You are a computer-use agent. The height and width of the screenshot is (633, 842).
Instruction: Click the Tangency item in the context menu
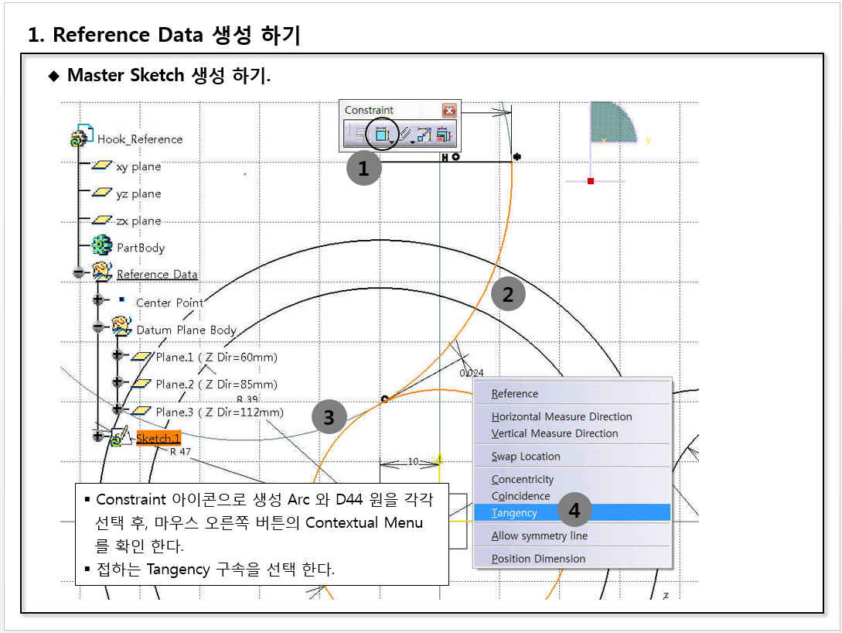(514, 512)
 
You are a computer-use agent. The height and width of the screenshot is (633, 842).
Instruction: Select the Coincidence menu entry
(520, 495)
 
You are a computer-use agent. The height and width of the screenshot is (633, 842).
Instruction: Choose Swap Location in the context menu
(525, 457)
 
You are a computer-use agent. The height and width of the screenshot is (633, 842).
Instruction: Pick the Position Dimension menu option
(538, 558)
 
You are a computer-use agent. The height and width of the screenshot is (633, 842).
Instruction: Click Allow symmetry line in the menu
(539, 535)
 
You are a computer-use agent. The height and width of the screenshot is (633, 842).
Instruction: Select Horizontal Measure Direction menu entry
(561, 416)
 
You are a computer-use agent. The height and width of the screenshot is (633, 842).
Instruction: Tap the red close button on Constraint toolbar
(449, 110)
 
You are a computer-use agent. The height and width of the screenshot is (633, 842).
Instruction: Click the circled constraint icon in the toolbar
(382, 134)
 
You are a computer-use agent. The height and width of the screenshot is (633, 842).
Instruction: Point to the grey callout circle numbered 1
(363, 168)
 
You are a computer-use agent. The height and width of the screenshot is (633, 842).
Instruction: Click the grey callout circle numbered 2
(508, 294)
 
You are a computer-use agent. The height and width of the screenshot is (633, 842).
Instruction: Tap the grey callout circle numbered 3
(329, 417)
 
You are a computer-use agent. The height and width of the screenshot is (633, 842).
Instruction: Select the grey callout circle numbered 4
(574, 509)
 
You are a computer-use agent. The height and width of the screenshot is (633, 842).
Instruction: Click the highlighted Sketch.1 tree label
(158, 438)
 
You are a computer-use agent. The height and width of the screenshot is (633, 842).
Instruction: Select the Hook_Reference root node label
(140, 139)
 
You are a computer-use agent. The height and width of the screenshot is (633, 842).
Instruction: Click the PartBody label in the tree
(141, 248)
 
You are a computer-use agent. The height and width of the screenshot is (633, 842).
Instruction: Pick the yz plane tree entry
(138, 193)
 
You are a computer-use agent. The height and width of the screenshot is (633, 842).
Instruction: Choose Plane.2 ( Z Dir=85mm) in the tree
(216, 384)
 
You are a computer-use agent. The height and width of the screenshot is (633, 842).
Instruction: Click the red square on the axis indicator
(591, 181)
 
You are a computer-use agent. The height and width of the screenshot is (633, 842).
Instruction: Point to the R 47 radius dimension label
(180, 451)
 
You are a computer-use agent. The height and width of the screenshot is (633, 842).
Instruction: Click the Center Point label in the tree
(169, 303)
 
